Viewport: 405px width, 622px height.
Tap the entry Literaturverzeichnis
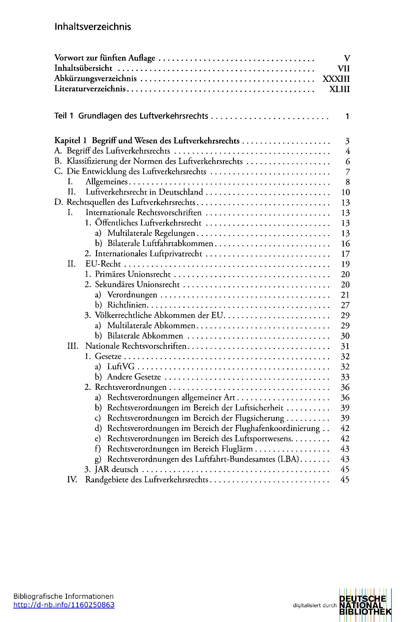(90, 89)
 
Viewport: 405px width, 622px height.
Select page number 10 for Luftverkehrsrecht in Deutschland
(345, 192)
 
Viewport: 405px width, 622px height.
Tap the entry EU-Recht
(103, 264)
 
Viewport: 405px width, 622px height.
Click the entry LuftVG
(121, 367)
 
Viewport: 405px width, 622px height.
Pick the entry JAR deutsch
(116, 469)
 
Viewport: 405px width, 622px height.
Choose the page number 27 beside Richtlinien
(345, 305)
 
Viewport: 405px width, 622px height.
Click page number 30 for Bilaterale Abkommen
(345, 336)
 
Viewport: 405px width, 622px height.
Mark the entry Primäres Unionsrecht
(133, 274)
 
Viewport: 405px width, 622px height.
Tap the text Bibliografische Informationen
(63, 596)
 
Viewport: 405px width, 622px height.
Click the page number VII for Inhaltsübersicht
(343, 68)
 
